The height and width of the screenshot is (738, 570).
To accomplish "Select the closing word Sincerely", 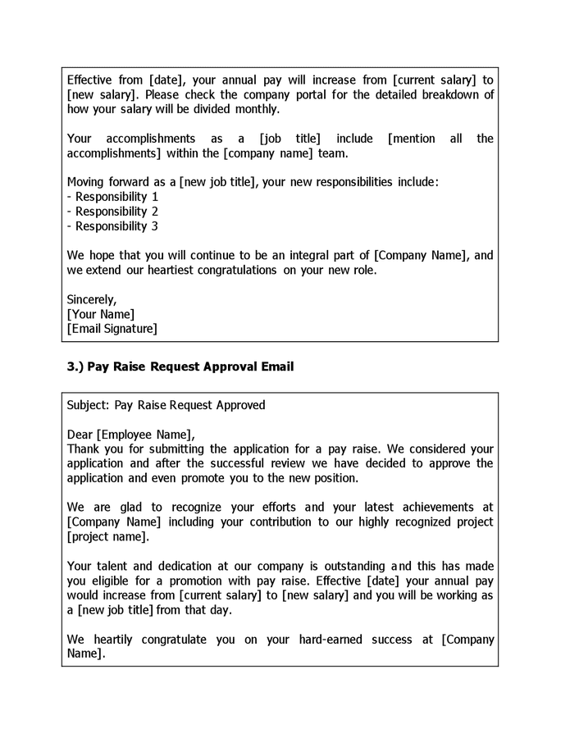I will (x=92, y=299).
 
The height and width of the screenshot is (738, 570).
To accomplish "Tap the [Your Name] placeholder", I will (x=100, y=314).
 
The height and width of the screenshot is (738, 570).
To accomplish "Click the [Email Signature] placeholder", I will (x=112, y=329).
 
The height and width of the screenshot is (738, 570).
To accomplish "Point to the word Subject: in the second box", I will (x=87, y=405).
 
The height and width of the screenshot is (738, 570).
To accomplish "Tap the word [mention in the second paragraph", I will (x=411, y=139).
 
